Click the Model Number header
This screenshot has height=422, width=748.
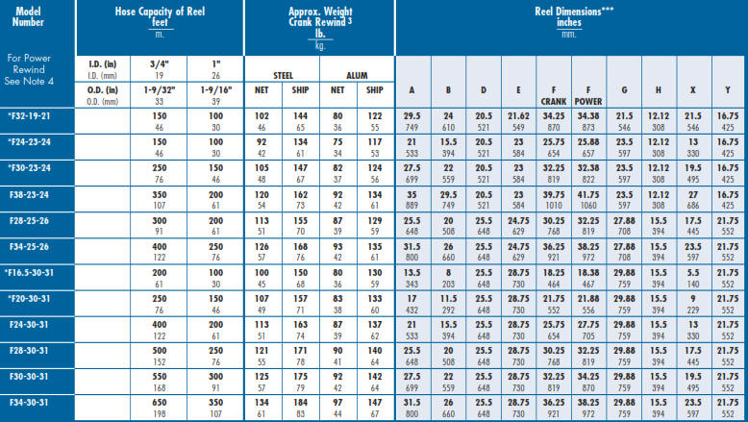point(37,16)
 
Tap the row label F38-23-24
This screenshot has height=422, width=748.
point(37,192)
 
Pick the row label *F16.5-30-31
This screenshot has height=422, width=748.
point(37,272)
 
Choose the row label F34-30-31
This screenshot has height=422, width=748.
point(37,401)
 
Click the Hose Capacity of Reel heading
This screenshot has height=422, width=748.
point(159,11)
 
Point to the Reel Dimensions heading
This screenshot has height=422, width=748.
point(570,11)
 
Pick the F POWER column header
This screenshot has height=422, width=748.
point(587,94)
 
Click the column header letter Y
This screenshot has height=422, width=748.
point(727,90)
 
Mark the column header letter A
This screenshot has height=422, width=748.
point(412,90)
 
